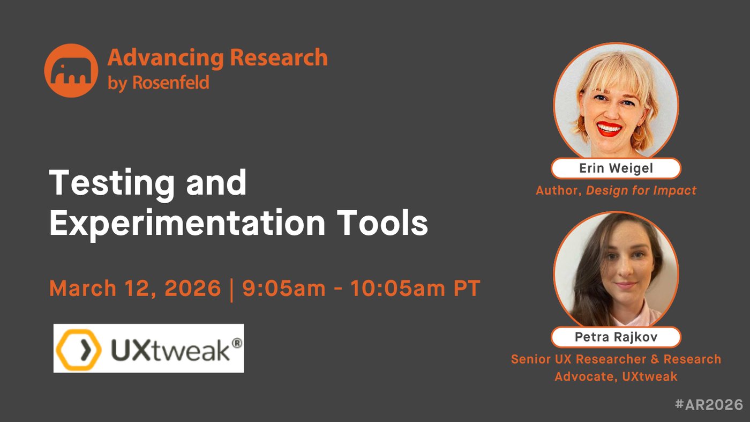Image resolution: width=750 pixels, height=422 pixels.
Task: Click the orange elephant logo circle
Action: pyautogui.click(x=71, y=70)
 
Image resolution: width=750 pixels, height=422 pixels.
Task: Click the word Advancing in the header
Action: pyautogui.click(x=166, y=58)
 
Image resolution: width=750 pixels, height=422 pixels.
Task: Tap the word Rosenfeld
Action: pyautogui.click(x=171, y=83)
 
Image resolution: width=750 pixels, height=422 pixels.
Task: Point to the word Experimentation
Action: pyautogui.click(x=187, y=223)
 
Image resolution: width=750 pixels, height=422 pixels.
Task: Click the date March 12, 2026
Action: pyautogui.click(x=135, y=288)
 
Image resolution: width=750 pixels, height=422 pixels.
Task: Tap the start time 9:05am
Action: pyautogui.click(x=283, y=288)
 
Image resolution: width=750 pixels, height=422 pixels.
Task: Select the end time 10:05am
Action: pyautogui.click(x=397, y=288)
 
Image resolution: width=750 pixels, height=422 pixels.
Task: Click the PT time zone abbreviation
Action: pyautogui.click(x=467, y=288)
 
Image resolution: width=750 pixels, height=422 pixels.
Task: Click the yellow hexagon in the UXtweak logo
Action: pyautogui.click(x=79, y=350)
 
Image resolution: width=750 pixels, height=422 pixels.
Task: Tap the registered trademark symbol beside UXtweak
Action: pyautogui.click(x=236, y=344)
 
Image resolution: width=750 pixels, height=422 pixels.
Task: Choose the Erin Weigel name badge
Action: pyautogui.click(x=616, y=168)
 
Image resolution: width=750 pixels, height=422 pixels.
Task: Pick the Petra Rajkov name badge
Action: pyautogui.click(x=616, y=337)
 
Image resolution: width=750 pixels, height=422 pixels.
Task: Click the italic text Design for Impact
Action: pyautogui.click(x=641, y=190)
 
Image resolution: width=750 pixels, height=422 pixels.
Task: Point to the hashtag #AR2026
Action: pyautogui.click(x=709, y=404)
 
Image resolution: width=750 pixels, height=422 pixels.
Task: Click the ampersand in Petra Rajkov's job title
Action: pyautogui.click(x=655, y=359)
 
